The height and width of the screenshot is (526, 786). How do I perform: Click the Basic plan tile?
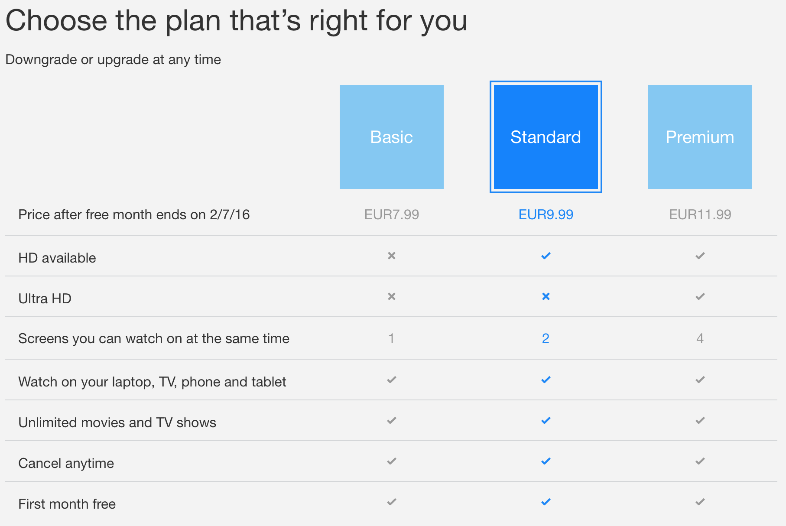391,136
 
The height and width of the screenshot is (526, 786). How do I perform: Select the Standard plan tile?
546,136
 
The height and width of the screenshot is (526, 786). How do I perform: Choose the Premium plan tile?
700,136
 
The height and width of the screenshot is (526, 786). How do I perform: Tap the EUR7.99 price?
391,214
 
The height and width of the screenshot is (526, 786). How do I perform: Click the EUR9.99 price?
546,214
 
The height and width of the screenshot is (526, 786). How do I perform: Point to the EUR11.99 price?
700,214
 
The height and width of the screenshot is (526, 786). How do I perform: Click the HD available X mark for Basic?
392,256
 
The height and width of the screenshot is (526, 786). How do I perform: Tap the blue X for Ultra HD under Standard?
546,296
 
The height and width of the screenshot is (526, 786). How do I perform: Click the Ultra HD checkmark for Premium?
700,296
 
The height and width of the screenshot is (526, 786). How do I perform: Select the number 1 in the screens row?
391,338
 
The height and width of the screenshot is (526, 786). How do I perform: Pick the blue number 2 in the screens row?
546,338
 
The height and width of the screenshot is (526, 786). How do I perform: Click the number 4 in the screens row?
700,338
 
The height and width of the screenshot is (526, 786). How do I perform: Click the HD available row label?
57,258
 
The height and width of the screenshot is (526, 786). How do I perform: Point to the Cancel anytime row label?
66,463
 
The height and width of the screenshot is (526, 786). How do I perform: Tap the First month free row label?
67,504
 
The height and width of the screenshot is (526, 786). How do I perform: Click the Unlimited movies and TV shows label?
117,422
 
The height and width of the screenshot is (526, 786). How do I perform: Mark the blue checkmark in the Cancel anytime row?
546,461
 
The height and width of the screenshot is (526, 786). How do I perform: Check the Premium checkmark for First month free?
700,502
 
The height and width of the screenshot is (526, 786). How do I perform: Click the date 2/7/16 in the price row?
230,214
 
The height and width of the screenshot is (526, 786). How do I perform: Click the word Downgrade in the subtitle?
41,59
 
